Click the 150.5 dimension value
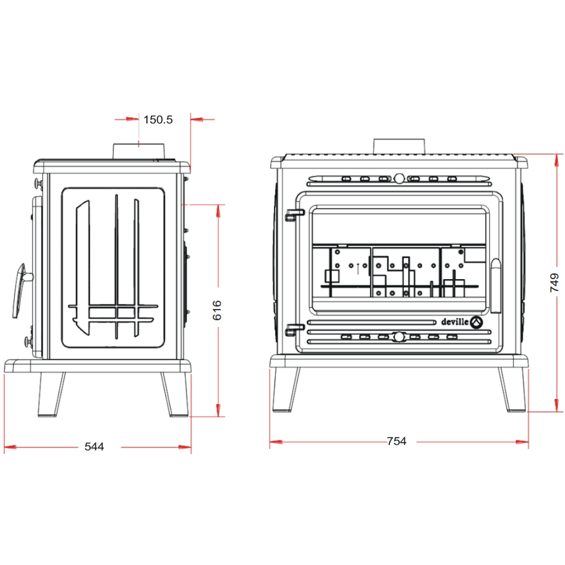pyautogui.click(x=158, y=120)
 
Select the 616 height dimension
pyautogui.click(x=217, y=310)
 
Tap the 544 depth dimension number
pyautogui.click(x=94, y=447)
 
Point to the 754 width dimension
pyautogui.click(x=397, y=441)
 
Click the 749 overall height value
pyautogui.click(x=555, y=282)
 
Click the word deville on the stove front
pyautogui.click(x=455, y=322)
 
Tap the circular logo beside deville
pyautogui.click(x=476, y=323)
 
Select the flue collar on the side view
pyautogui.click(x=139, y=151)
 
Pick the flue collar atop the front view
pyautogui.click(x=399, y=146)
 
